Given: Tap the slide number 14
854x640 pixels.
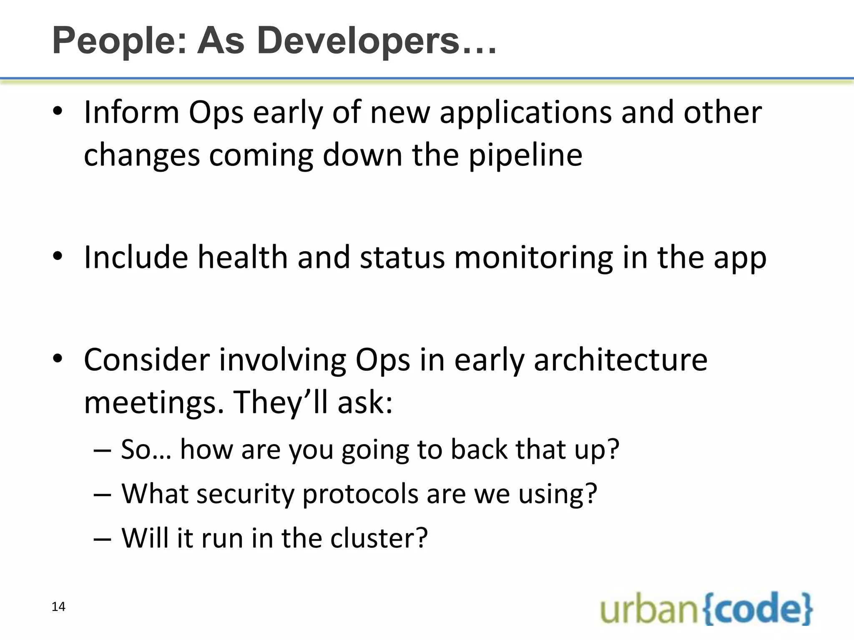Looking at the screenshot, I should click(x=58, y=607).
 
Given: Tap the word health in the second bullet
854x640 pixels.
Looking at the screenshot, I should click(x=242, y=257).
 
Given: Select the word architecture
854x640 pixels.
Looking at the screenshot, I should click(x=620, y=360).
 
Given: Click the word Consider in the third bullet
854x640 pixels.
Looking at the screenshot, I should click(x=147, y=360).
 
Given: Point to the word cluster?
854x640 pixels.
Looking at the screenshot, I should click(x=379, y=538).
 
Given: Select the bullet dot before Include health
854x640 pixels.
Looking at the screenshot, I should click(x=58, y=257).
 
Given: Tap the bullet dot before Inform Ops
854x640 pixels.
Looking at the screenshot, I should click(x=58, y=112).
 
